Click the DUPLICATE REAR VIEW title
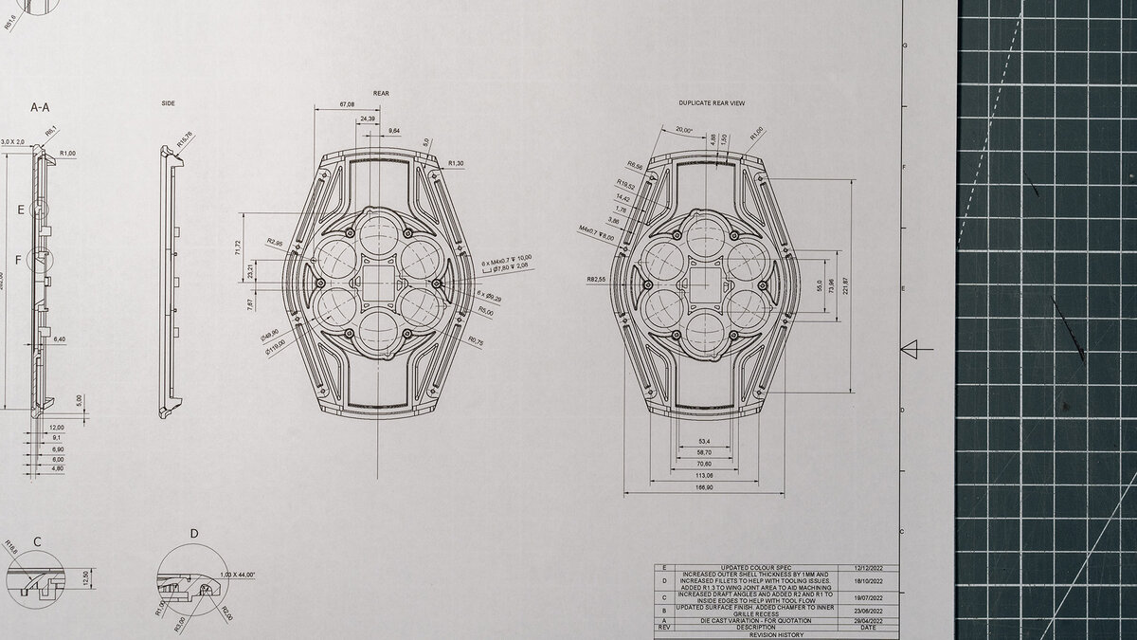[711, 102]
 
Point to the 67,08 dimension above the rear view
[347, 104]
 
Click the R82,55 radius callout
[596, 280]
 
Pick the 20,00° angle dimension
[684, 130]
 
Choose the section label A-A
[40, 107]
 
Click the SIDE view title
[169, 103]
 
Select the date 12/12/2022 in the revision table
[867, 566]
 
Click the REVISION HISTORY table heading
[775, 635]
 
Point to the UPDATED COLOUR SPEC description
[754, 566]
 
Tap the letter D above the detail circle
[194, 533]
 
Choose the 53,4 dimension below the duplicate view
[704, 442]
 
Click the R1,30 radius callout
[456, 163]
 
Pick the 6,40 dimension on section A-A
[59, 339]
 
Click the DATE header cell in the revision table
[867, 627]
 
